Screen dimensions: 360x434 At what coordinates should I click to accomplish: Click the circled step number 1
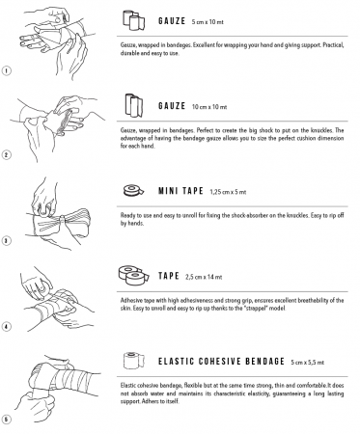(6, 70)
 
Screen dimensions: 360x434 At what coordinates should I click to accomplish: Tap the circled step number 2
(6, 155)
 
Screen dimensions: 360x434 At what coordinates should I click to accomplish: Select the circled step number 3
(6, 240)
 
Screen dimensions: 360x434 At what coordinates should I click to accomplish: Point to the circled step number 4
(6, 327)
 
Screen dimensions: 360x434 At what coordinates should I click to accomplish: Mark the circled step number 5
(6, 419)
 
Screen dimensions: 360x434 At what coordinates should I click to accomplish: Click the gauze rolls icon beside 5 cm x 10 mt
(133, 20)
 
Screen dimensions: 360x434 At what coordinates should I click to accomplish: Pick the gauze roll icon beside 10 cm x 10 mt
(133, 105)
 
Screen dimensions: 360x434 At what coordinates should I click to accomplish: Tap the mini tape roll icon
(133, 191)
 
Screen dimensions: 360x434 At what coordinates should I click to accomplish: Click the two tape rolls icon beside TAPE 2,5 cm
(133, 275)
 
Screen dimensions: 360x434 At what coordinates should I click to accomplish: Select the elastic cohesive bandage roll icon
(134, 361)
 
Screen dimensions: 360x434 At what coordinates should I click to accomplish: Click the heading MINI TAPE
(180, 191)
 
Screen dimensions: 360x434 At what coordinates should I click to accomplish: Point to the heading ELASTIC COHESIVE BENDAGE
(221, 361)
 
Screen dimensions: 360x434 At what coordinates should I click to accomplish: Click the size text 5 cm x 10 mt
(208, 22)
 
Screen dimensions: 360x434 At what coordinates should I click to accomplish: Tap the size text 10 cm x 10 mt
(209, 107)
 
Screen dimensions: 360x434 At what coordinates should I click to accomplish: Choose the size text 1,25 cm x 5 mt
(228, 192)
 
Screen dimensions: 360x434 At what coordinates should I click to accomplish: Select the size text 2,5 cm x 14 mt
(204, 277)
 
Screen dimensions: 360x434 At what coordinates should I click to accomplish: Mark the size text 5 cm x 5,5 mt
(308, 363)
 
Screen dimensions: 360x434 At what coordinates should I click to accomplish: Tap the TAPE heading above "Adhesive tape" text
(169, 276)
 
